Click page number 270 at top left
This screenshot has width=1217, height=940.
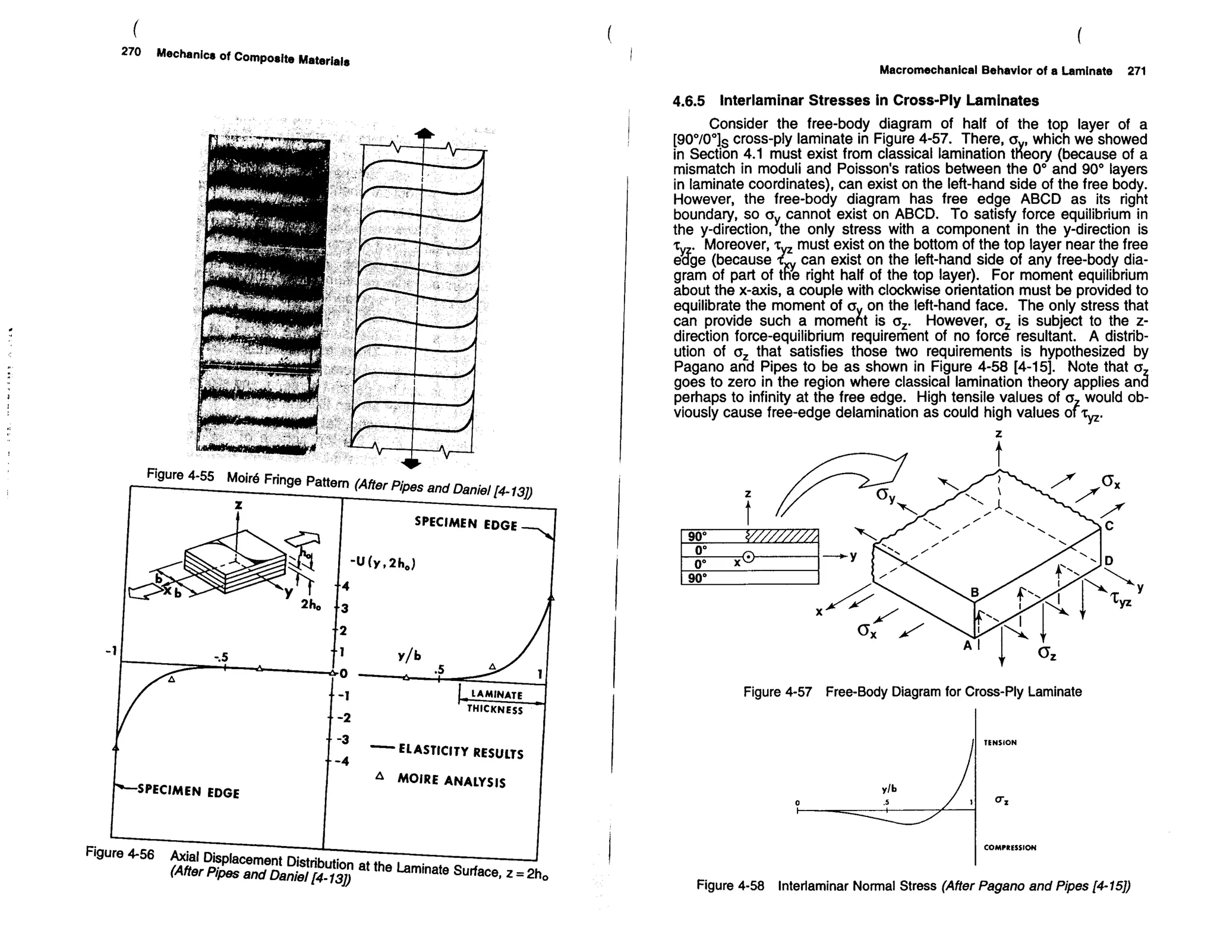click(x=131, y=52)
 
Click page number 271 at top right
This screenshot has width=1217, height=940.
click(x=1136, y=71)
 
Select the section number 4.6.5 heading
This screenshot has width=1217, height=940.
click(x=688, y=101)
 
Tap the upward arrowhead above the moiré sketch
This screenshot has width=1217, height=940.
click(x=424, y=133)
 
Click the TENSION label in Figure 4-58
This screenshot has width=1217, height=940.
click(x=1000, y=743)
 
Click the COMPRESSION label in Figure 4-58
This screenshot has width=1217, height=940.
click(x=1010, y=848)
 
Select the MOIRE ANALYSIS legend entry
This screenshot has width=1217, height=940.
click(x=451, y=780)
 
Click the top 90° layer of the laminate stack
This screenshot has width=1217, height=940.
click(x=698, y=536)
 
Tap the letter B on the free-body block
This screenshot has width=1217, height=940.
click(x=974, y=592)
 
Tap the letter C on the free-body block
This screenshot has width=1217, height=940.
click(x=1109, y=526)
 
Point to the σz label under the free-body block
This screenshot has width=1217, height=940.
click(x=1047, y=653)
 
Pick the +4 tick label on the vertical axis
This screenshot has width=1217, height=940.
click(x=344, y=586)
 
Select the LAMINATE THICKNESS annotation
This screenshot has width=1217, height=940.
click(x=497, y=702)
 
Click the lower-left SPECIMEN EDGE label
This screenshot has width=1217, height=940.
click(x=188, y=791)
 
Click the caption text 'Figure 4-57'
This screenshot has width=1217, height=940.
click(x=777, y=692)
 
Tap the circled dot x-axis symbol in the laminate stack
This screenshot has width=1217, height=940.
click(x=749, y=557)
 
